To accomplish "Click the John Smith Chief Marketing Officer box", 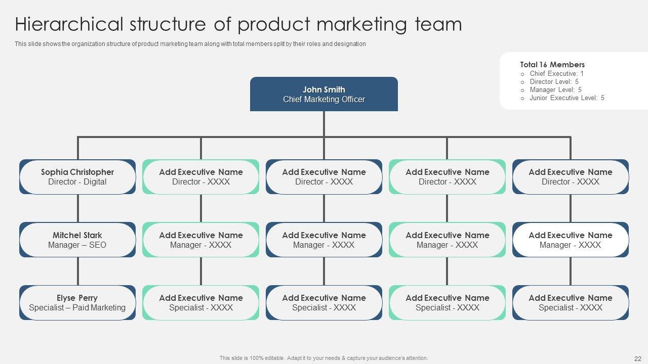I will click(x=324, y=94).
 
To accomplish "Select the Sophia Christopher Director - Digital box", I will click(x=77, y=177).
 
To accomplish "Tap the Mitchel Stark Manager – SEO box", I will click(x=77, y=240).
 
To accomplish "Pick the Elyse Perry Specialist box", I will click(x=77, y=302).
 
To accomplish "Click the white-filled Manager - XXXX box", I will click(x=570, y=240).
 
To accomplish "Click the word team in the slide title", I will click(x=438, y=25).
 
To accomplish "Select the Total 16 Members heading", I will click(x=552, y=65).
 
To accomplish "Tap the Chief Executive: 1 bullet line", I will click(x=556, y=73).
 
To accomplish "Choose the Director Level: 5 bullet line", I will click(x=554, y=81).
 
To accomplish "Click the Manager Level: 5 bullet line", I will click(x=555, y=89).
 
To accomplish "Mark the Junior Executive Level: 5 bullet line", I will click(x=566, y=98).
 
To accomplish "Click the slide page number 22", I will click(x=637, y=358).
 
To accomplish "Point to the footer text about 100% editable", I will click(x=323, y=358).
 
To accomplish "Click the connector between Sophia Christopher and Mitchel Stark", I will click(x=78, y=208).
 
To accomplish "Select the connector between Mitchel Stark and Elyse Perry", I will click(x=78, y=271).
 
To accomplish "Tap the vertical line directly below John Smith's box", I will click(x=324, y=124).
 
